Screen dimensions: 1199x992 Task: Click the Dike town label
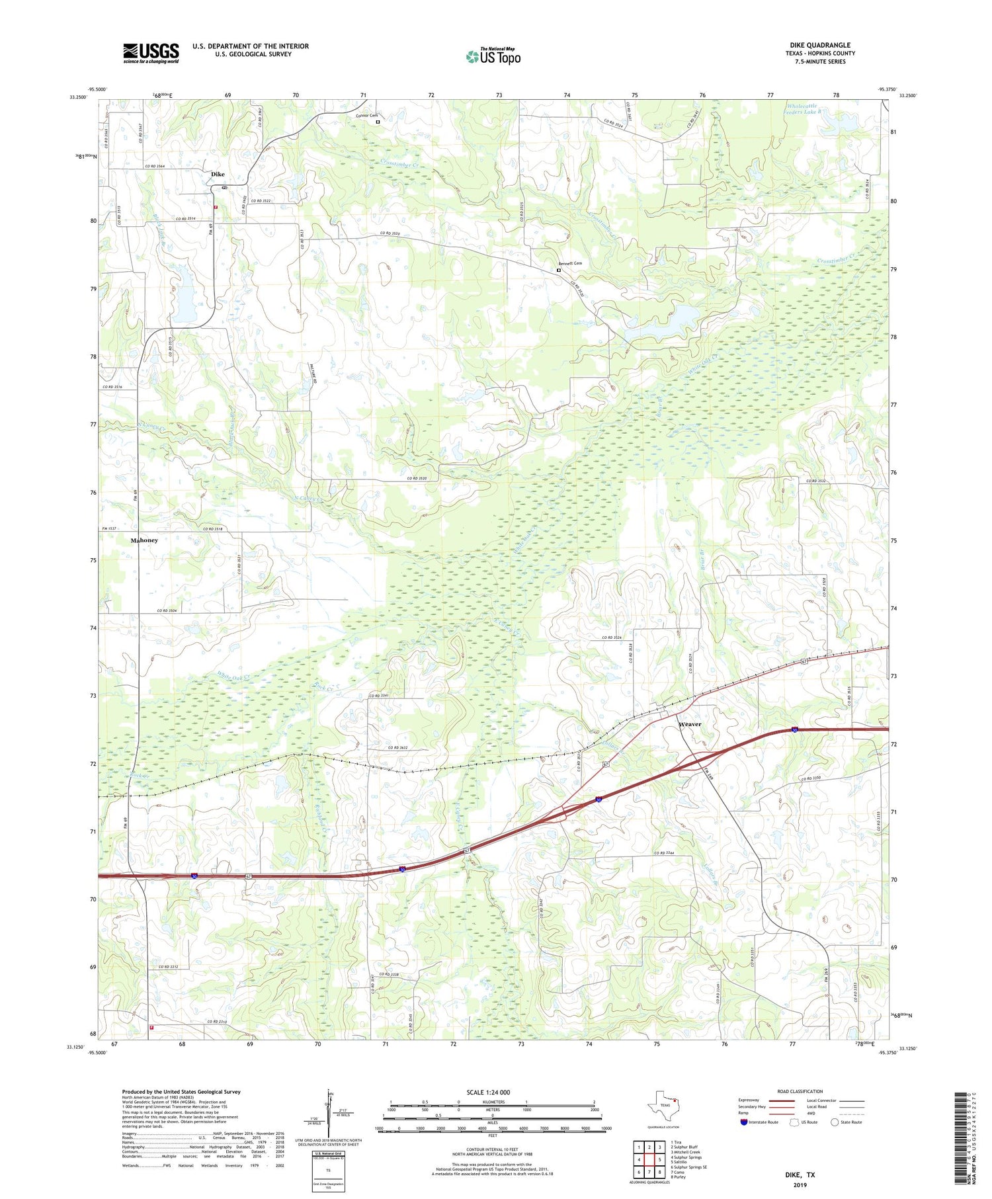pyautogui.click(x=218, y=174)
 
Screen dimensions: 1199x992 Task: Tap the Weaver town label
pyautogui.click(x=689, y=724)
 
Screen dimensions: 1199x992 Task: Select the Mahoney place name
pyautogui.click(x=144, y=540)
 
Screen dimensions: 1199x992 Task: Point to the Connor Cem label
pyautogui.click(x=366, y=116)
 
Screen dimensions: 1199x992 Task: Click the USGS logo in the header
pyautogui.click(x=151, y=53)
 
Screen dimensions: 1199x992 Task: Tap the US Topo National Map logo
pyautogui.click(x=493, y=56)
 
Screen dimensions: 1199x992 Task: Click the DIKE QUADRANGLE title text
pyautogui.click(x=819, y=45)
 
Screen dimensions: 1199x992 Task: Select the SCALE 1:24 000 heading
pyautogui.click(x=488, y=1092)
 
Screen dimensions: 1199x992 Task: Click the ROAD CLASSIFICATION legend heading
pyautogui.click(x=800, y=1091)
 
